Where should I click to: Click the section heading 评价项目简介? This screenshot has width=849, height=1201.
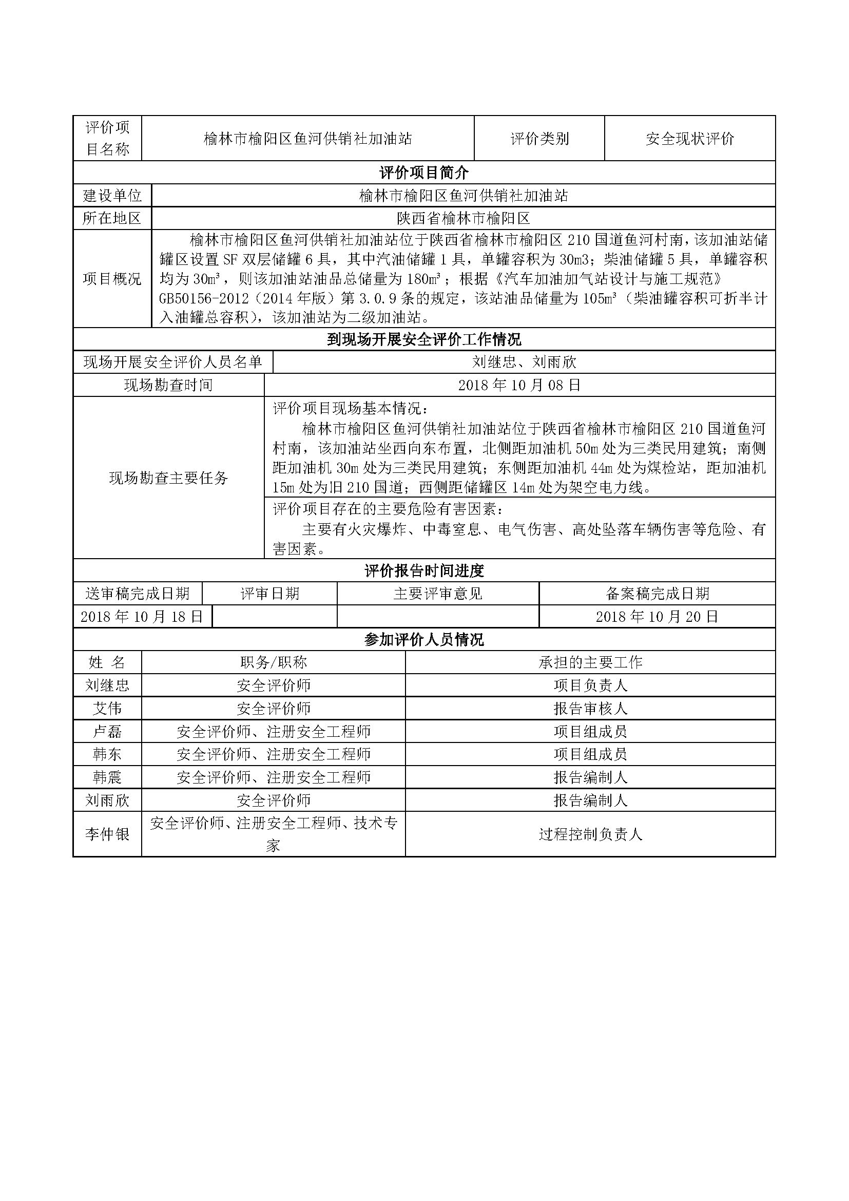point(423,173)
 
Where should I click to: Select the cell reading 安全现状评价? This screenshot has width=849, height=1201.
point(689,139)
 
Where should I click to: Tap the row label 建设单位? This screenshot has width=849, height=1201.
point(112,196)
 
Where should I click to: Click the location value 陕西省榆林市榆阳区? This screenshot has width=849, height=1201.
point(463,218)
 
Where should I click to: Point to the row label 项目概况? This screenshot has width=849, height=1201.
point(112,279)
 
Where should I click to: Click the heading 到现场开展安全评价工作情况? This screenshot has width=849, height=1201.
point(423,339)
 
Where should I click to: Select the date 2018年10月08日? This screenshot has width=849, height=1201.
point(519,385)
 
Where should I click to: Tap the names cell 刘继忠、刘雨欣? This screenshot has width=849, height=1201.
point(524,362)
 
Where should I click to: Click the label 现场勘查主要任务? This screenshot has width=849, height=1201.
point(168,478)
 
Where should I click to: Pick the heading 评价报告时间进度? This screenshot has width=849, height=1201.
point(423,570)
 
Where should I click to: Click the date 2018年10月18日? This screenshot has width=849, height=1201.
point(142,617)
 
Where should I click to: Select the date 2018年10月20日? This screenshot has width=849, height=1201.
point(657,617)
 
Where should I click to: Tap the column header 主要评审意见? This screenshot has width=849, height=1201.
point(437,594)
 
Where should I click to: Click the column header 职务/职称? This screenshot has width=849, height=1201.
point(274,663)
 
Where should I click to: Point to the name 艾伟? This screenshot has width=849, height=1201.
point(107,708)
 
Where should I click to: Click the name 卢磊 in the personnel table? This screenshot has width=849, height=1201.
point(107,731)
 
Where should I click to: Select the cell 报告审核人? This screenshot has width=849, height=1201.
point(590,708)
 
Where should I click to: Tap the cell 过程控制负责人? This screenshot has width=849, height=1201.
point(590,834)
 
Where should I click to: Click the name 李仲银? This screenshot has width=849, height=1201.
point(107,834)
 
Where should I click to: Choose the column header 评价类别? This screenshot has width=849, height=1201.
point(539,139)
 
